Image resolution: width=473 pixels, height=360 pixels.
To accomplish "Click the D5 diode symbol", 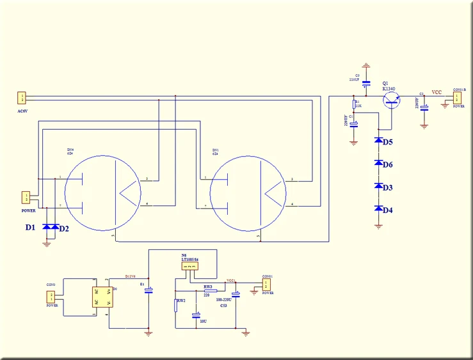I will point(378,141).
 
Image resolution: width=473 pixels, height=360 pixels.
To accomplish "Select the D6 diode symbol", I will point(378,164).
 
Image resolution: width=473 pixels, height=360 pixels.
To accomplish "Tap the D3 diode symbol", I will point(378,186).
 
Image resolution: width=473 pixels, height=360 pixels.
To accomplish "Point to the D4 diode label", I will point(388,210).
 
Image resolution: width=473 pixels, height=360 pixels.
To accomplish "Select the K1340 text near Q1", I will point(389,88).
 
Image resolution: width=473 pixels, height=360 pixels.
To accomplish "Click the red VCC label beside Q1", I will point(437,93).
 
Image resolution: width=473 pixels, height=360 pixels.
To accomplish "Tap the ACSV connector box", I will point(22,98).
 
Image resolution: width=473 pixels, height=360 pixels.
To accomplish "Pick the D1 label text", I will point(30,227).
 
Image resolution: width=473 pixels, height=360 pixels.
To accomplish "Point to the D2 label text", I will point(64,228).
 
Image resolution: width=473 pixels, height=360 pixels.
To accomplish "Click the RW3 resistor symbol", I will point(207,291).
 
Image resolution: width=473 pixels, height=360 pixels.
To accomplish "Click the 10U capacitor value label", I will point(203,321).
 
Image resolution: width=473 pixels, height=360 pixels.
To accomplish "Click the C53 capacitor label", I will point(223,306).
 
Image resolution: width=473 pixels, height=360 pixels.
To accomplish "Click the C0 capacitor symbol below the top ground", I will point(366,84).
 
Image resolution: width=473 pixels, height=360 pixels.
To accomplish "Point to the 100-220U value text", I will point(225,299).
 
